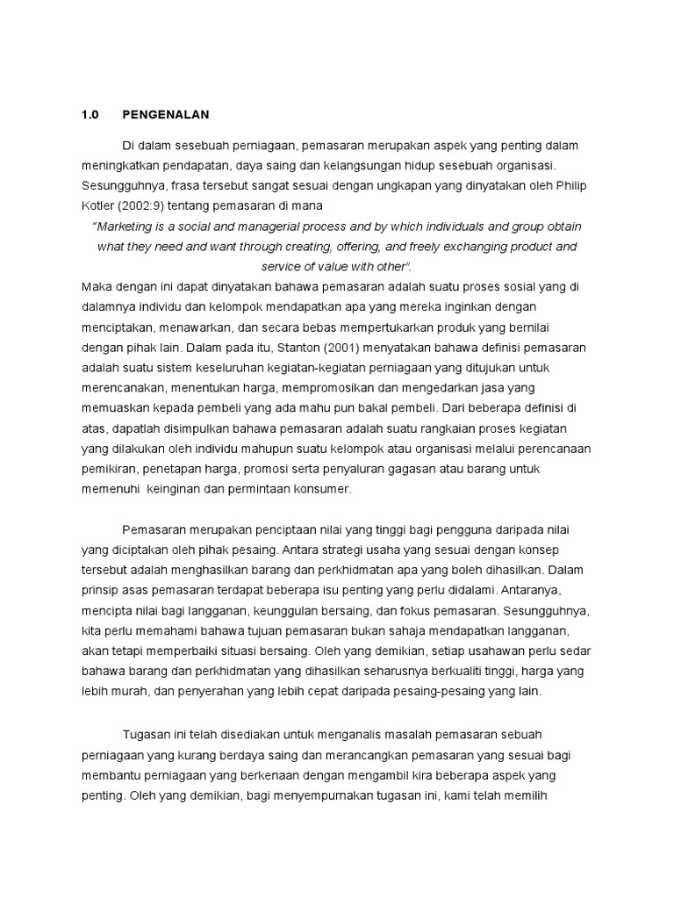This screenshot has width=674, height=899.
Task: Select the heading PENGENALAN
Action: [166, 115]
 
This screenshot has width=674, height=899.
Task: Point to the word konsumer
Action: [325, 489]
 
